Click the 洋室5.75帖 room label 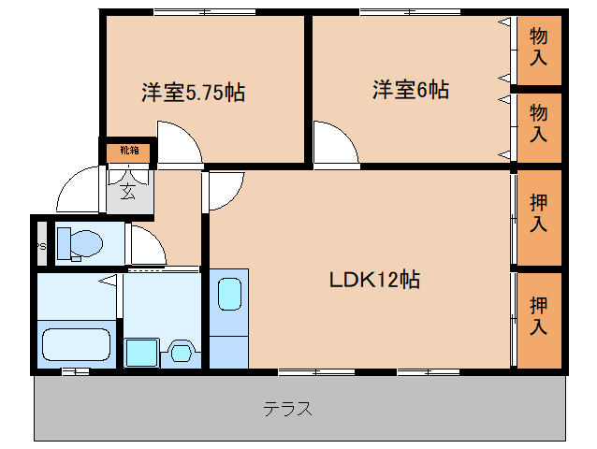[193, 93]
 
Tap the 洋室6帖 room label [411, 90]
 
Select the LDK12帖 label [373, 280]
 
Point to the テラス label [286, 409]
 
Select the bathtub [76, 343]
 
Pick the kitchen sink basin [229, 295]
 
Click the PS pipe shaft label [40, 246]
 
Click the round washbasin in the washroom [180, 354]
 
